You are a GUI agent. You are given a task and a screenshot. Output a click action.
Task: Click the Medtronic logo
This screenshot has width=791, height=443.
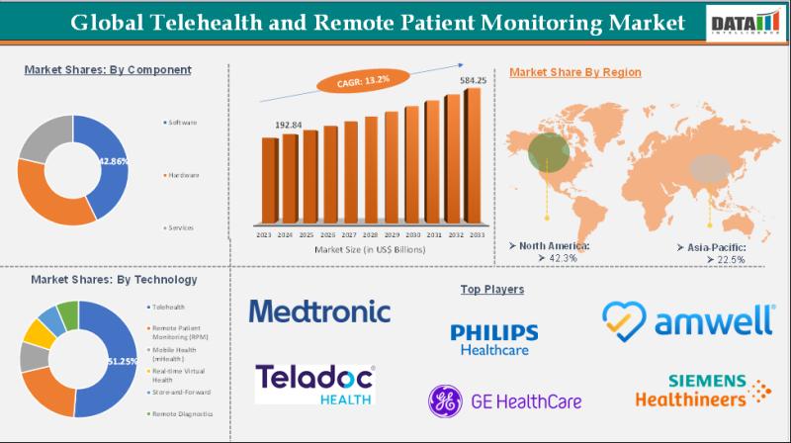click(319, 311)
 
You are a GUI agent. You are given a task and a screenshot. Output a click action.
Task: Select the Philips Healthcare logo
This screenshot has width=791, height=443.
click(493, 338)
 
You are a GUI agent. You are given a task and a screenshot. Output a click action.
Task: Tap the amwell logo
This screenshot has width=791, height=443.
click(688, 318)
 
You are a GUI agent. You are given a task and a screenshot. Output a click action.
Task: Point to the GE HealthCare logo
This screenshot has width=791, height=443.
click(504, 400)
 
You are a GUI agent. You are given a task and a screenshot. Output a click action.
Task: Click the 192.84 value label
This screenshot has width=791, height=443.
click(289, 126)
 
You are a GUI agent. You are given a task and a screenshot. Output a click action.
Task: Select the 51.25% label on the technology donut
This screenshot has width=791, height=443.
click(120, 363)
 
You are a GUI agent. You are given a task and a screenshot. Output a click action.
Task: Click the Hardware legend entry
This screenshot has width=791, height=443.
click(184, 175)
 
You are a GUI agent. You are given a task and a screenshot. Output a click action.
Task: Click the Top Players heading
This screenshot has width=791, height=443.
click(491, 289)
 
